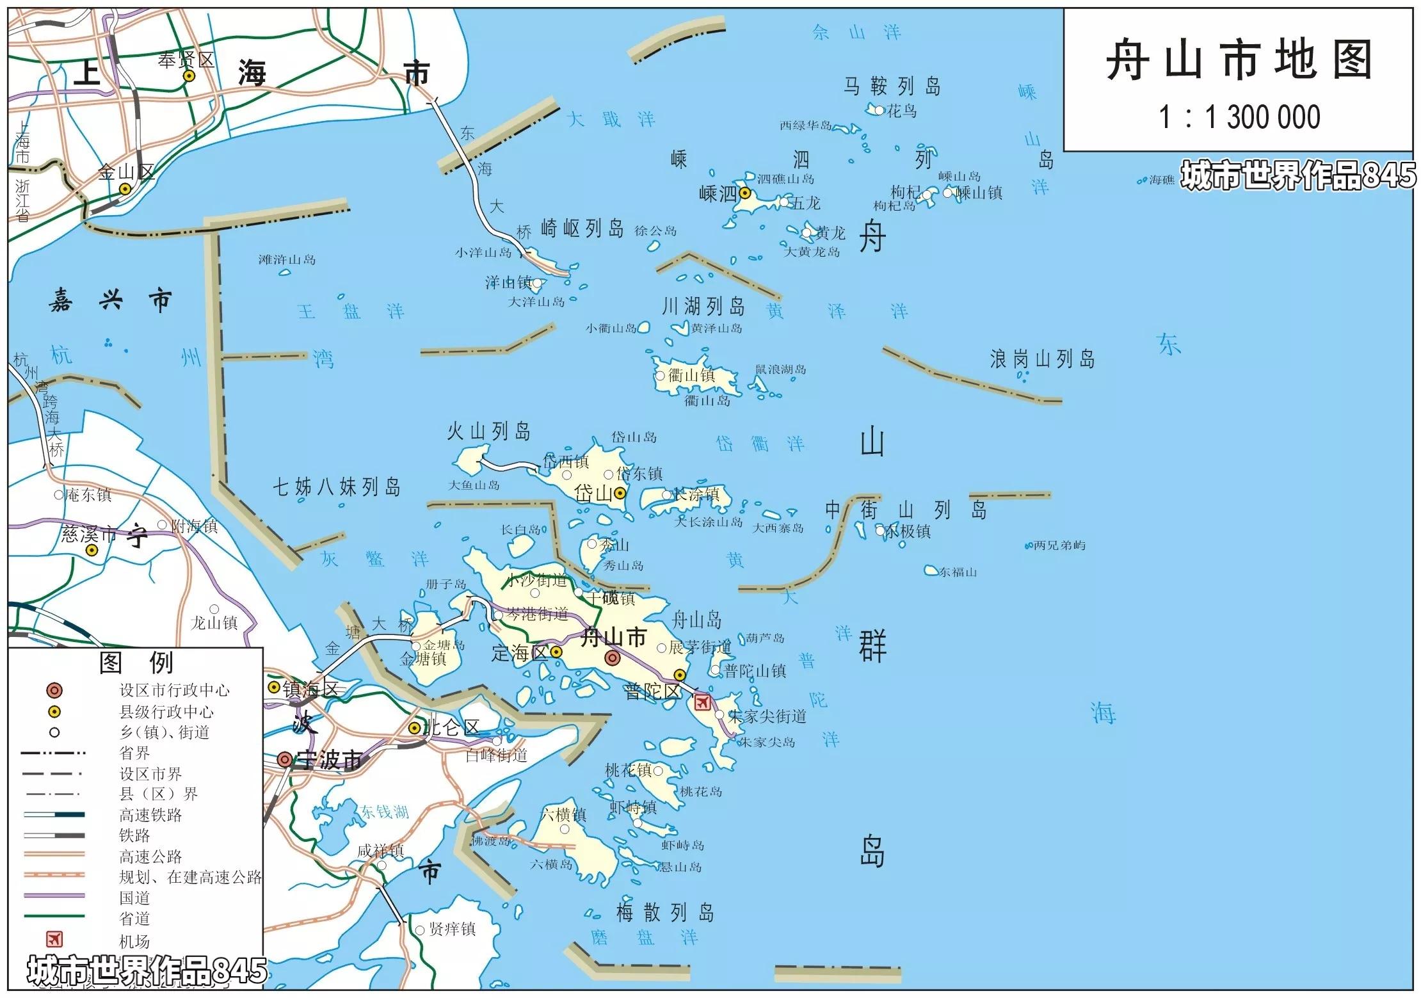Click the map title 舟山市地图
[1239, 61]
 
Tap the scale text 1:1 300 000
[1239, 117]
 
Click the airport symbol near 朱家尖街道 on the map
[702, 702]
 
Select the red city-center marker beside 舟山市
[613, 657]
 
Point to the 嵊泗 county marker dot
[744, 193]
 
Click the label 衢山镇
[691, 376]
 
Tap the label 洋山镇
[508, 282]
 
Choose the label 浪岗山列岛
[1042, 360]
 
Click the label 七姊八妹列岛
[337, 488]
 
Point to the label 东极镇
[908, 531]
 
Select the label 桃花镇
[629, 771]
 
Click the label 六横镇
[563, 815]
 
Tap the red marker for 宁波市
[285, 760]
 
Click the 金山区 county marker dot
[125, 189]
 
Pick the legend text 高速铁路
[150, 815]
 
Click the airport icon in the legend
[54, 940]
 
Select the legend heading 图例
[136, 663]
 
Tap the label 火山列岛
[488, 432]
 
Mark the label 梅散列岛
[664, 913]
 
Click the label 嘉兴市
[111, 301]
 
